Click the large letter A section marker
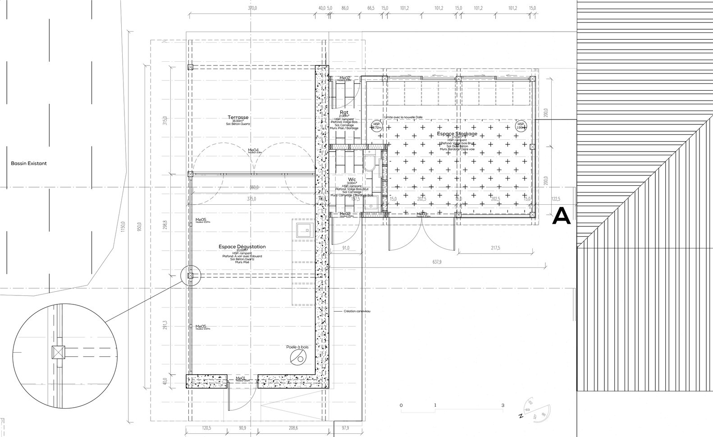pos(562,216)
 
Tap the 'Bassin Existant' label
pos(29,163)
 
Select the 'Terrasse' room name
pos(238,117)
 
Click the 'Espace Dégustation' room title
pos(242,247)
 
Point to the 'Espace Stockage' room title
pos(457,134)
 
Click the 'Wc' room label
pos(352,179)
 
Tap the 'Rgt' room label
pos(344,113)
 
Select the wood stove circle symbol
pos(298,359)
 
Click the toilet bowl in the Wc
pos(369,165)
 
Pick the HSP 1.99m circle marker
pos(521,126)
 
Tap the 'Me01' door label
pos(241,378)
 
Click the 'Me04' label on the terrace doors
pos(253,150)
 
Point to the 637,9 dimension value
pos(436,262)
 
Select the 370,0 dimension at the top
pos(252,8)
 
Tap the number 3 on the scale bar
pos(503,405)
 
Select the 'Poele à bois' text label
pos(297,347)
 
